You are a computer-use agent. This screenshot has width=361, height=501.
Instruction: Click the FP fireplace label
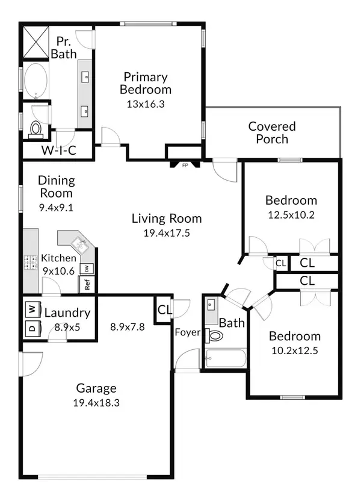pos(185,165)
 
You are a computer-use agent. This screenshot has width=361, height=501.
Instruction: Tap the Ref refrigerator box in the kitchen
pos(87,284)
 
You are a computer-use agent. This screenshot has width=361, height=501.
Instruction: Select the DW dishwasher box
pos(87,269)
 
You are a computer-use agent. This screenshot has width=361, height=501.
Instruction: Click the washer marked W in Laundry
pos(32,310)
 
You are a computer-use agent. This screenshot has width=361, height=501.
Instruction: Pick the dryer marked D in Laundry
pos(32,328)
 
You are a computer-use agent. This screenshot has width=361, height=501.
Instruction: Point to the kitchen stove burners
pos(31,263)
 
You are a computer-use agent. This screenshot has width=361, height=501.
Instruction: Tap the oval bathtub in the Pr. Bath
pos(35,81)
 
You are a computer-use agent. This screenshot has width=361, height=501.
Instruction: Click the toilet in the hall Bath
pos(214,336)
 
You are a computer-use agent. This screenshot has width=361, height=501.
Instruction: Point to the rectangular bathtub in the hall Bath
pos(226,358)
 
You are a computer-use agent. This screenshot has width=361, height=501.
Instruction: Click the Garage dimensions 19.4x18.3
pos(96,403)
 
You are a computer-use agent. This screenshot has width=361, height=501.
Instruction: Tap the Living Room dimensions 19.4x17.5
pos(167,233)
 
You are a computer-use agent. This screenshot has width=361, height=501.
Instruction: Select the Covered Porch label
pos(272,132)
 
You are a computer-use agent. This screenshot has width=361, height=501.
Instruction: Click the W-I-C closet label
pos(59,150)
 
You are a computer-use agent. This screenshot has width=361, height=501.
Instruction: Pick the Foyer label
pos(188,332)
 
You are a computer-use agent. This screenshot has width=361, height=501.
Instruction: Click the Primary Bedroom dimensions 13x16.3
pos(146,104)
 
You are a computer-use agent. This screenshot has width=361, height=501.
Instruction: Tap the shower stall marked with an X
pos(35,42)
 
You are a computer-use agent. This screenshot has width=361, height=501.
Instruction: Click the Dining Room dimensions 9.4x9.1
pos(56,208)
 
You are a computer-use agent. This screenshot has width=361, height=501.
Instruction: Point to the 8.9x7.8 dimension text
pos(128,327)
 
